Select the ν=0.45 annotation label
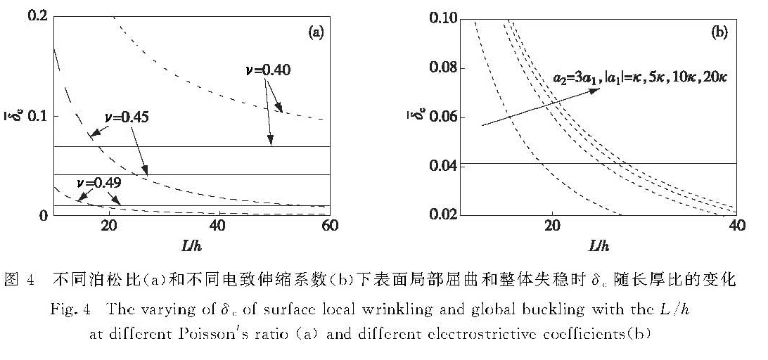click(x=127, y=119)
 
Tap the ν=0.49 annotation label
click(x=99, y=184)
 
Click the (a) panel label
click(x=316, y=33)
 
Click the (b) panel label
click(x=719, y=33)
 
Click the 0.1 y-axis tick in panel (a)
click(x=38, y=116)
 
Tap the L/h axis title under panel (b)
click(x=599, y=246)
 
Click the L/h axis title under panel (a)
click(x=191, y=246)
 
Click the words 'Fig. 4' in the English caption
click(x=67, y=309)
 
